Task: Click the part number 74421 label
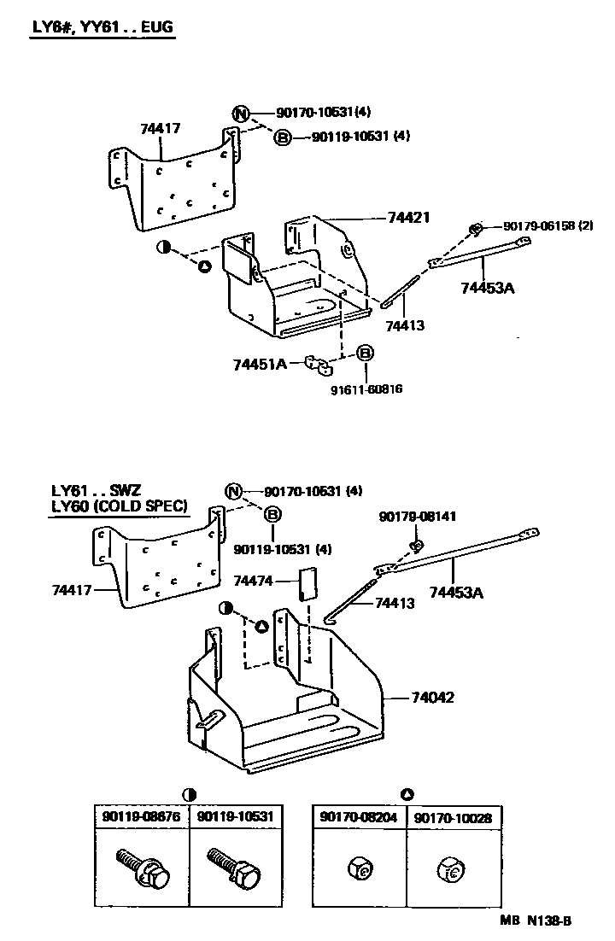(408, 218)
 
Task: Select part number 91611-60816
(366, 389)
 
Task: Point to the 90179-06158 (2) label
(548, 226)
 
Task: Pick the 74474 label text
(254, 581)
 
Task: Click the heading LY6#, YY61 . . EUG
(102, 27)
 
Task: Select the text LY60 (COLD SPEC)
(119, 506)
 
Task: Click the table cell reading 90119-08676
(140, 817)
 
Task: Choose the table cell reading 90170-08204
(357, 817)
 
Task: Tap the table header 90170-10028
(453, 817)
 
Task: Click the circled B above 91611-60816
(365, 354)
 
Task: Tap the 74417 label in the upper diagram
(161, 130)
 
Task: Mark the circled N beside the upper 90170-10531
(242, 114)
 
